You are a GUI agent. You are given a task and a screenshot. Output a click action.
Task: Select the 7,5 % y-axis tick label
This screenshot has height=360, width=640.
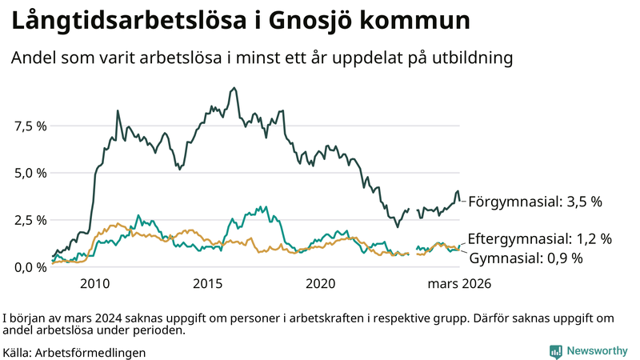pyautogui.click(x=29, y=126)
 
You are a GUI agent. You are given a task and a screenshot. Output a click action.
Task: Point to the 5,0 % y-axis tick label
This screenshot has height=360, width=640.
pyautogui.click(x=29, y=173)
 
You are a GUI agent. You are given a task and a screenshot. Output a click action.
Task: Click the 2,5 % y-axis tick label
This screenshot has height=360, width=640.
pyautogui.click(x=29, y=220)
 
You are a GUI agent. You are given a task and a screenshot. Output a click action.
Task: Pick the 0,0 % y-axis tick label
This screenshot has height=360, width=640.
pyautogui.click(x=29, y=267)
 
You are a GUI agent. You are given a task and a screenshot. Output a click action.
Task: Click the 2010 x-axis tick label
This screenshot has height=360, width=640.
pyautogui.click(x=94, y=283)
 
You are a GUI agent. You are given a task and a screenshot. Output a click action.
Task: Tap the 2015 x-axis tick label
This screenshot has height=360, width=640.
pyautogui.click(x=207, y=283)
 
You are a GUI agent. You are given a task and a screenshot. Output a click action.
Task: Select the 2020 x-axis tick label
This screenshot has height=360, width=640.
pyautogui.click(x=320, y=283)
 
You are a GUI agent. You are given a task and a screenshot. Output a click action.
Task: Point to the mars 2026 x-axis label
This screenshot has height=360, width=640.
pyautogui.click(x=459, y=283)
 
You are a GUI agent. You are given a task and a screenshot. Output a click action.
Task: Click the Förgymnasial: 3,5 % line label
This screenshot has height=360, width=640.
pyautogui.click(x=534, y=202)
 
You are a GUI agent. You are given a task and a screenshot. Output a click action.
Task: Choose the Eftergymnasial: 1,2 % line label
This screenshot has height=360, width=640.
pyautogui.click(x=540, y=239)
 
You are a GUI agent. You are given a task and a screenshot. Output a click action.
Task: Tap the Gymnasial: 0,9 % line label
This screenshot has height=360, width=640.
pyautogui.click(x=526, y=258)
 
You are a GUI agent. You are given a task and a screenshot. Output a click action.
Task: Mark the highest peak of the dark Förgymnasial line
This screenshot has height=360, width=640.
pyautogui.click(x=234, y=88)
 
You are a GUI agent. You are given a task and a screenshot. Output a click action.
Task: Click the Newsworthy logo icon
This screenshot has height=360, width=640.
pyautogui.click(x=555, y=351)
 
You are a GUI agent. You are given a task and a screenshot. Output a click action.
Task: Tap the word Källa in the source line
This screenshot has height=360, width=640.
pyautogui.click(x=18, y=352)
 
